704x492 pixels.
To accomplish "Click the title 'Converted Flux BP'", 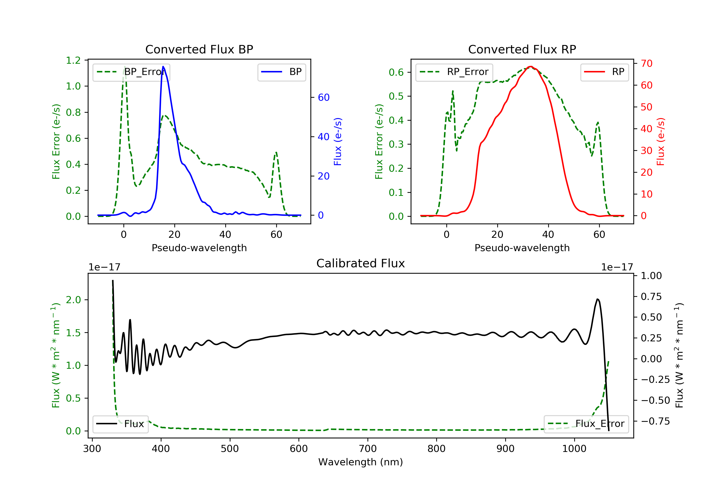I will (199, 49).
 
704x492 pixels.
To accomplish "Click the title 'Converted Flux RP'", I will (522, 49).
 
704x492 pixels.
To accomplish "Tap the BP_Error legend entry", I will (131, 72).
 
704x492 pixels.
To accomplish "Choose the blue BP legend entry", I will (281, 72).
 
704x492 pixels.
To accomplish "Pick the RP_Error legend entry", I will (454, 72).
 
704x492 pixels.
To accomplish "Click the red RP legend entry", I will (604, 72).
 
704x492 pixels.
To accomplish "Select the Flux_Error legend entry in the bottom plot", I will (586, 424).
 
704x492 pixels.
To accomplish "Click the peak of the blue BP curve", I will (163, 67).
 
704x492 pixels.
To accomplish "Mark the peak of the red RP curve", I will (531, 67).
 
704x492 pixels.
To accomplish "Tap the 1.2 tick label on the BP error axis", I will (73, 60).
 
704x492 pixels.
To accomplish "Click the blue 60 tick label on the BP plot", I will (323, 97).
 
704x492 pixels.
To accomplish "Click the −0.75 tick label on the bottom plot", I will (655, 421).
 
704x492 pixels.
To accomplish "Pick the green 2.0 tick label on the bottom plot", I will (73, 300).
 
